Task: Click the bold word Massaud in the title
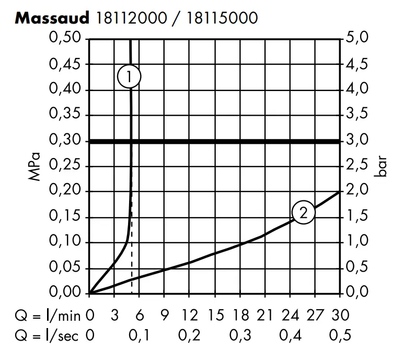pyautogui.click(x=54, y=19)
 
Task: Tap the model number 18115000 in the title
pyautogui.click(x=221, y=19)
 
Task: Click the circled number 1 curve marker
pyautogui.click(x=130, y=76)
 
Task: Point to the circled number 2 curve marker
pyautogui.click(x=304, y=212)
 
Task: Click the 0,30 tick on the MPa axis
pyautogui.click(x=66, y=141)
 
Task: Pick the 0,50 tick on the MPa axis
pyautogui.click(x=66, y=39)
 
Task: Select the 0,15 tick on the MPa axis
pyautogui.click(x=66, y=218)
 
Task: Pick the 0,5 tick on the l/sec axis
pyautogui.click(x=340, y=335)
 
